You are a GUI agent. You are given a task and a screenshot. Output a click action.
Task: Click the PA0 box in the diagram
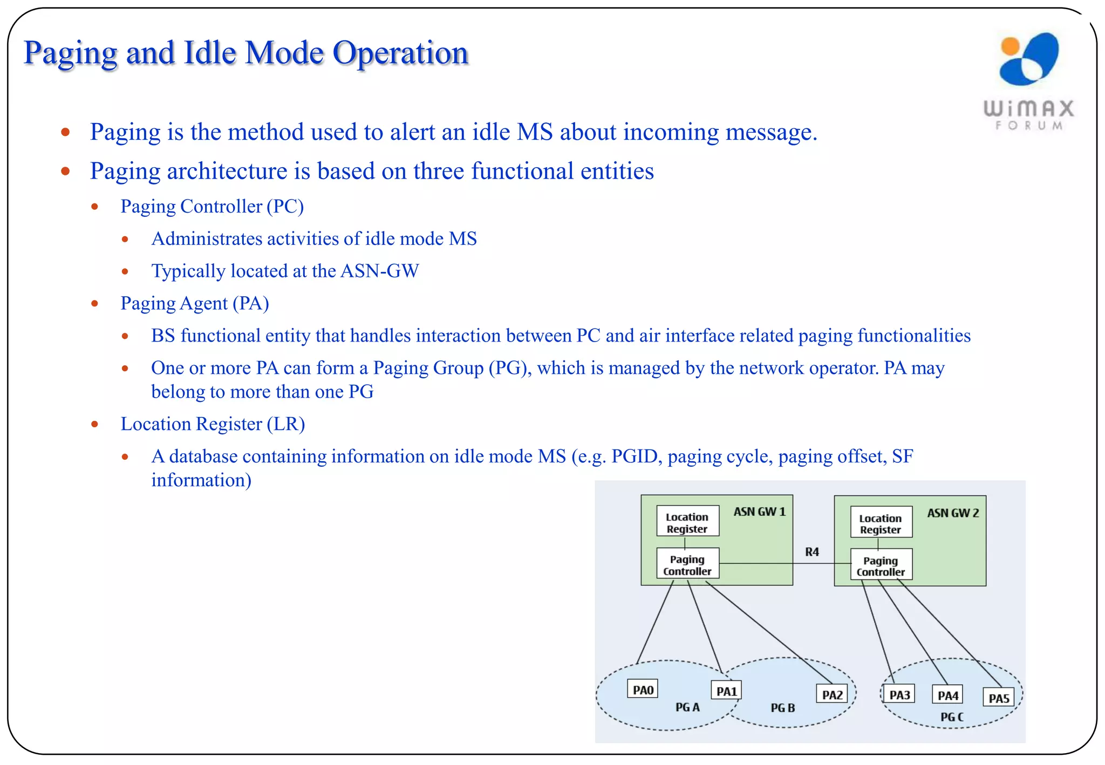(643, 689)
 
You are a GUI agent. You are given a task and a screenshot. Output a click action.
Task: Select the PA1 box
(726, 691)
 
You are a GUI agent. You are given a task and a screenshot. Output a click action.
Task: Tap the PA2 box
(832, 695)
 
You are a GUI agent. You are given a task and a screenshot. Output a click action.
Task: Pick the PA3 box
(899, 695)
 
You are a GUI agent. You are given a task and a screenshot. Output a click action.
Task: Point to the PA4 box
(947, 695)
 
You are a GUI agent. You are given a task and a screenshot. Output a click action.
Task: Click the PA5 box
(999, 698)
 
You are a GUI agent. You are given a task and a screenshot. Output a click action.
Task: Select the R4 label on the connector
(811, 552)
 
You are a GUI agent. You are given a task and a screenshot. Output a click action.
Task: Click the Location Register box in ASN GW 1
(687, 522)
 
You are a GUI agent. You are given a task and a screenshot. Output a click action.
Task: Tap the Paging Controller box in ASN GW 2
(881, 566)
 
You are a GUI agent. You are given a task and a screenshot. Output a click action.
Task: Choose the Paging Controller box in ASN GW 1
(687, 565)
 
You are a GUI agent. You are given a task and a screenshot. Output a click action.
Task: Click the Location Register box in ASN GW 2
(881, 523)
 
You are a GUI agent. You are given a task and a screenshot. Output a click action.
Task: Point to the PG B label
(782, 708)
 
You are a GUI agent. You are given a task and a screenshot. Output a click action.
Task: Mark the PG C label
(952, 717)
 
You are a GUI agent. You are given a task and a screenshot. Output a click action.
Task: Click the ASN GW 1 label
(759, 511)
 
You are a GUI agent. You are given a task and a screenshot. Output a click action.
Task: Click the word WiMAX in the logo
(1029, 108)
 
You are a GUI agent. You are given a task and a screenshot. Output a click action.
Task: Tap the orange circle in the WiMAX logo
(1010, 46)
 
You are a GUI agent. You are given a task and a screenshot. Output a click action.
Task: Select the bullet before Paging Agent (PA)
(95, 304)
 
